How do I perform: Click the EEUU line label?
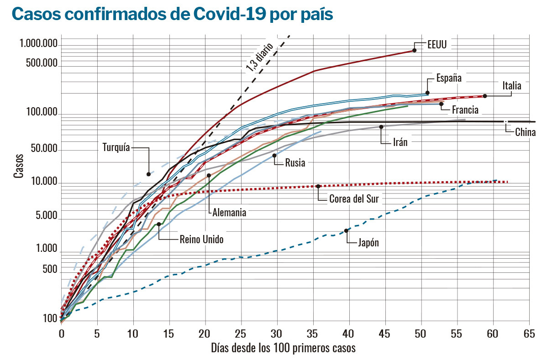pos(437,45)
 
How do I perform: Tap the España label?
pos(449,78)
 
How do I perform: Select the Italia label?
pos(511,85)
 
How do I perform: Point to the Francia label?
pos(465,110)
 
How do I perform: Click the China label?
pos(525,133)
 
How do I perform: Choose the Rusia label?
pos(295,163)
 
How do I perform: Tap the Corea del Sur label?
pos(354,199)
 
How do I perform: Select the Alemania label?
pos(229,213)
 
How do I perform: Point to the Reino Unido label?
pos(202,239)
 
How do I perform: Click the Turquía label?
pos(116,147)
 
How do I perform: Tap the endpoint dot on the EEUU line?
pos(414,50)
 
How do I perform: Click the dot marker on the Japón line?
pos(346,231)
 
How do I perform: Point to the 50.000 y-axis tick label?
pos(44,149)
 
